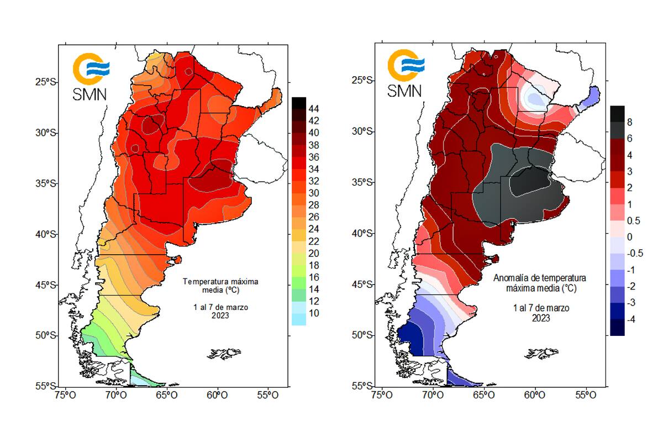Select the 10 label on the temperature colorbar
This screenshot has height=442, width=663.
click(x=313, y=313)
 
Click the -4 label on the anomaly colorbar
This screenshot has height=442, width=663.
click(x=630, y=320)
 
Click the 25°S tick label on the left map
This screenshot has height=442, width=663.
click(x=46, y=82)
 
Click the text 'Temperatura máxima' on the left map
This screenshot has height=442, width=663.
click(x=220, y=282)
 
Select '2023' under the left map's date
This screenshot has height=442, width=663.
click(x=220, y=315)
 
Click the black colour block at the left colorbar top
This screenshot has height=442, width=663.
click(x=298, y=103)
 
